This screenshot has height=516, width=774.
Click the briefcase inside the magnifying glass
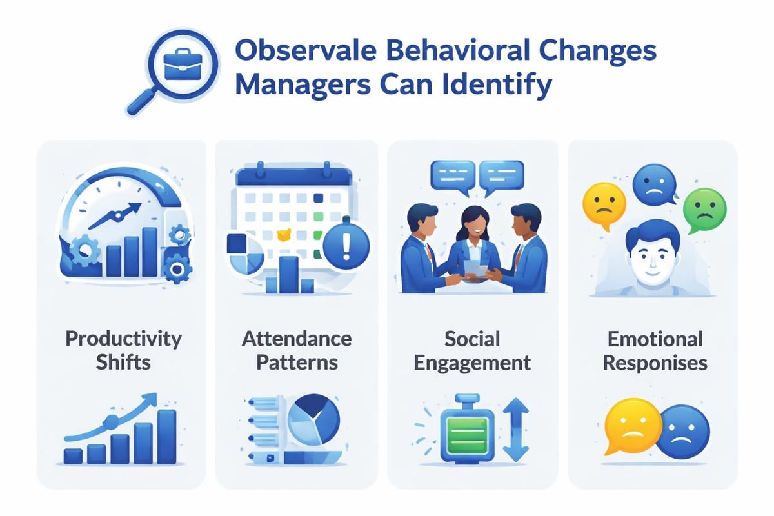[x=183, y=64]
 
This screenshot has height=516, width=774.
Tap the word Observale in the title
[x=306, y=51]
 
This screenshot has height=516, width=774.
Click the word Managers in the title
[x=303, y=84]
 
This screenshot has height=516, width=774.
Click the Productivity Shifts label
[x=123, y=350]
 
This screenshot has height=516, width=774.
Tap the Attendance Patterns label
[x=297, y=350]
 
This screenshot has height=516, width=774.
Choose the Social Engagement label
[x=472, y=350]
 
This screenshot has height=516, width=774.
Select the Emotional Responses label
[x=655, y=350]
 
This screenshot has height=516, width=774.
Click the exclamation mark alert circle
[x=346, y=246]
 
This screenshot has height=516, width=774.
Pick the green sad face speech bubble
[x=704, y=210]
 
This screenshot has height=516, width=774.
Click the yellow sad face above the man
[x=604, y=205]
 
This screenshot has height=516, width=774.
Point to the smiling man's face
[x=652, y=257]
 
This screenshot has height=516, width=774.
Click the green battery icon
[x=467, y=429]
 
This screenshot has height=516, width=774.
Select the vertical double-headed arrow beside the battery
[x=516, y=430]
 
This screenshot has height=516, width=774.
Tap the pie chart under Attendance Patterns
[x=313, y=420]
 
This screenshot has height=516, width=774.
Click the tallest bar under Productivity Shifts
[x=167, y=437]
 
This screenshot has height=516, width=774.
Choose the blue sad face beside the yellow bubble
[x=682, y=432]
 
